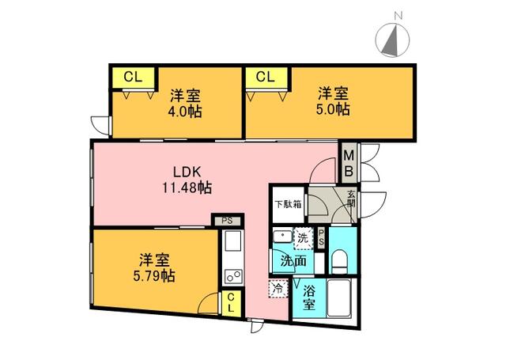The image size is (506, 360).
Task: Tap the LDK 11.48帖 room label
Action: pos(187,180)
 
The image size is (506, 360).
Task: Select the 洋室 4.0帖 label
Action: pos(185,104)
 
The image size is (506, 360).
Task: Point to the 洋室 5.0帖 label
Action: pos(333,101)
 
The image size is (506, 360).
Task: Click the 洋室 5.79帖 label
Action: pos(154,267)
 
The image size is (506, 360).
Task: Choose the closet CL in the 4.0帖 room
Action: pos(134,78)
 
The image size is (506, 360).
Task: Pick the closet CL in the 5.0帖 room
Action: pos(266,78)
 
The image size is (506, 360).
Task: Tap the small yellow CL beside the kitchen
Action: pos(230,302)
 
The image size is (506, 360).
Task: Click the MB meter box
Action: pos(349,164)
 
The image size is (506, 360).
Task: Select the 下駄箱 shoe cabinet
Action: pos(288,204)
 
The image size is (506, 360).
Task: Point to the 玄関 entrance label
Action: pos(351,199)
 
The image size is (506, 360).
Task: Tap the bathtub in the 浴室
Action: pos(338,298)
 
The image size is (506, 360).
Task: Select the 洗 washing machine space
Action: pos(303,239)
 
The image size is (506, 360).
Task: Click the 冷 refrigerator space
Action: pos(278,288)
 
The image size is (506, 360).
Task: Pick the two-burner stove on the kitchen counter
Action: pos(232,276)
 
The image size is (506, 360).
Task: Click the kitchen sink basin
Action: pos(232,241)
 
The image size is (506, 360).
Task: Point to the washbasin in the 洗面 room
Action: pos(283,237)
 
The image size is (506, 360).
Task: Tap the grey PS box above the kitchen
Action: pos(227,222)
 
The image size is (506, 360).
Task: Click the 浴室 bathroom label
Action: pos(309,298)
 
